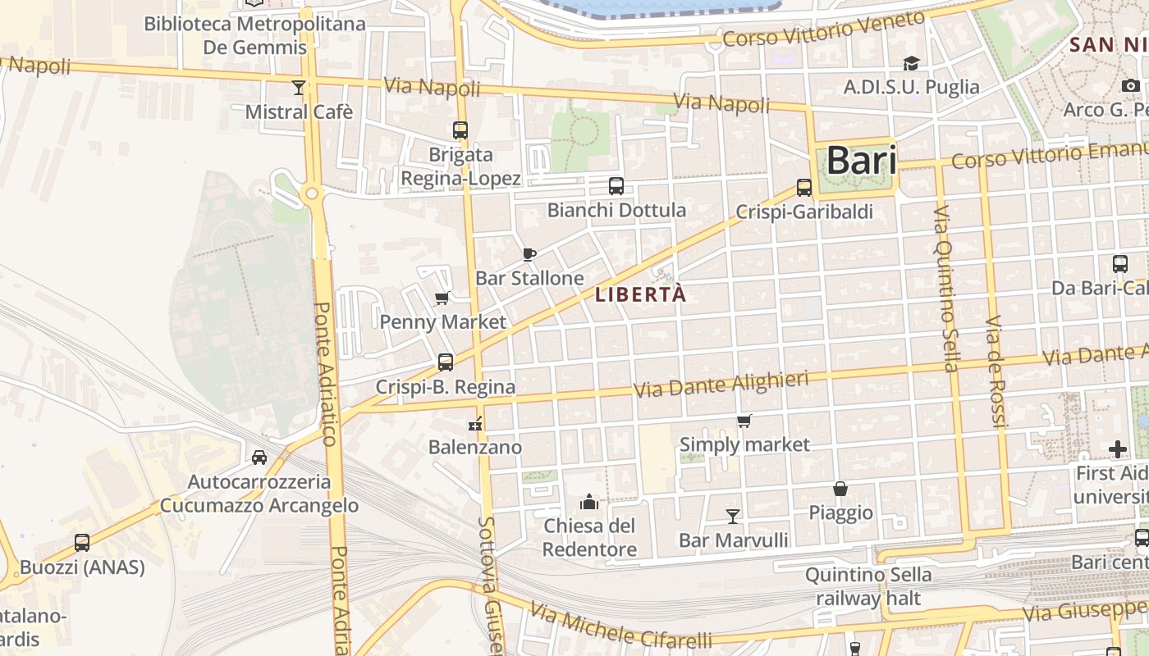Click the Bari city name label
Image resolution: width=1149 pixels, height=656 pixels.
click(x=861, y=160)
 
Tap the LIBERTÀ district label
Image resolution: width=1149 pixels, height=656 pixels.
click(x=640, y=295)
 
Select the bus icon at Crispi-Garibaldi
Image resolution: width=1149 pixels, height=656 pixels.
click(x=804, y=188)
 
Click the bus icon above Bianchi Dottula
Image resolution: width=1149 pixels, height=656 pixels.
click(x=616, y=186)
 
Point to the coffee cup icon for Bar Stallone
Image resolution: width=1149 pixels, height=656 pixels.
click(x=529, y=254)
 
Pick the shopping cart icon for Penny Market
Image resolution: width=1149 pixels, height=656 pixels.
click(x=442, y=298)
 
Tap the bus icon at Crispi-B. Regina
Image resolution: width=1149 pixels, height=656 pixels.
click(x=446, y=362)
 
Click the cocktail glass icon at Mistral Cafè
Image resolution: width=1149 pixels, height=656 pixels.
click(x=299, y=87)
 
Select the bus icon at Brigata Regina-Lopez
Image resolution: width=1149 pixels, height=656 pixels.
click(x=460, y=130)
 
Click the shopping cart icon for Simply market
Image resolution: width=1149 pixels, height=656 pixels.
click(x=744, y=421)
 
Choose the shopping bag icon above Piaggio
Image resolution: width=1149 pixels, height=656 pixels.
click(x=840, y=489)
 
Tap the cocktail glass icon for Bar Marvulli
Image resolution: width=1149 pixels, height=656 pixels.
click(x=733, y=516)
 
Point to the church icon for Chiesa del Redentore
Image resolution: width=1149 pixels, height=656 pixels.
click(x=589, y=501)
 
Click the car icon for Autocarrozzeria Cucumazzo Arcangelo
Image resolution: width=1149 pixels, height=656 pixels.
click(x=259, y=458)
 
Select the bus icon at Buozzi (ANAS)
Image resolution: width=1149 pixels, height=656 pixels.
click(x=82, y=542)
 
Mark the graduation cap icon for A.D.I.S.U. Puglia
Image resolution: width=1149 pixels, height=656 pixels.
click(x=911, y=63)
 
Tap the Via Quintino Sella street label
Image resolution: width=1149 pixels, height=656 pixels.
click(x=945, y=288)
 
